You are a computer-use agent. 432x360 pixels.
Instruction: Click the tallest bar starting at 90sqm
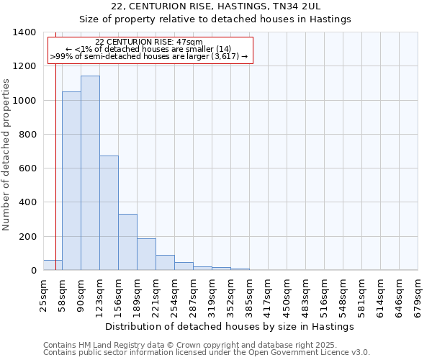[90, 173]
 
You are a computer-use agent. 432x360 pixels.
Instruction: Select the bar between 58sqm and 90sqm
[71, 181]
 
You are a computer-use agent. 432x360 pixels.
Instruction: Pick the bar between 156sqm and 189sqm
[127, 242]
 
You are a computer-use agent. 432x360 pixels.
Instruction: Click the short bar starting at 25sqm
[53, 265]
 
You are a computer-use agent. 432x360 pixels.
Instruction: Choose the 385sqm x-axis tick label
[249, 296]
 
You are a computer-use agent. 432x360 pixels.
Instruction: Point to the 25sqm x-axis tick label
[43, 294]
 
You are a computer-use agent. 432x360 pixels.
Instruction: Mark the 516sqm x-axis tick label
[324, 296]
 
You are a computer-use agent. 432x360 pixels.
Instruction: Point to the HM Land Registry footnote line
[189, 345]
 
